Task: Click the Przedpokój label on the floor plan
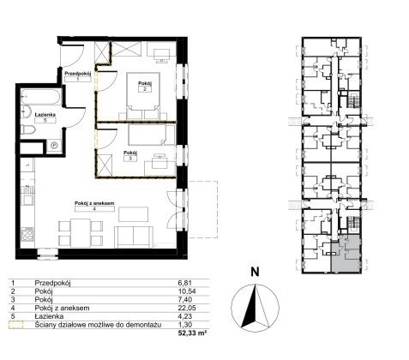pos(78,74)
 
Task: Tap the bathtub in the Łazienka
pos(40,97)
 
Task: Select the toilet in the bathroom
pos(27,130)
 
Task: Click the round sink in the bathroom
pos(26,111)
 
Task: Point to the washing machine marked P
pos(54,146)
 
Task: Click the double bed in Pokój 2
pos(142,95)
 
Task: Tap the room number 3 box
pos(130,159)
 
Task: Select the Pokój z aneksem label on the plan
pos(94,203)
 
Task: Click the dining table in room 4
pos(81,233)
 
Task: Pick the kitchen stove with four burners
pos(27,234)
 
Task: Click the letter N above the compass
pos(255,272)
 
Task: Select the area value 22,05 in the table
pos(186,308)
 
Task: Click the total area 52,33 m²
pos(192,333)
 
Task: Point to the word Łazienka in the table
pos(49,316)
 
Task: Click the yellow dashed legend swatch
pos(16,325)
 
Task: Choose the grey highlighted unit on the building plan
pos(346,255)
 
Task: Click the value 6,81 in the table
pos(184,283)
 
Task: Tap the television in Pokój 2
pos(161,55)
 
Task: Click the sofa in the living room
pos(133,237)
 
